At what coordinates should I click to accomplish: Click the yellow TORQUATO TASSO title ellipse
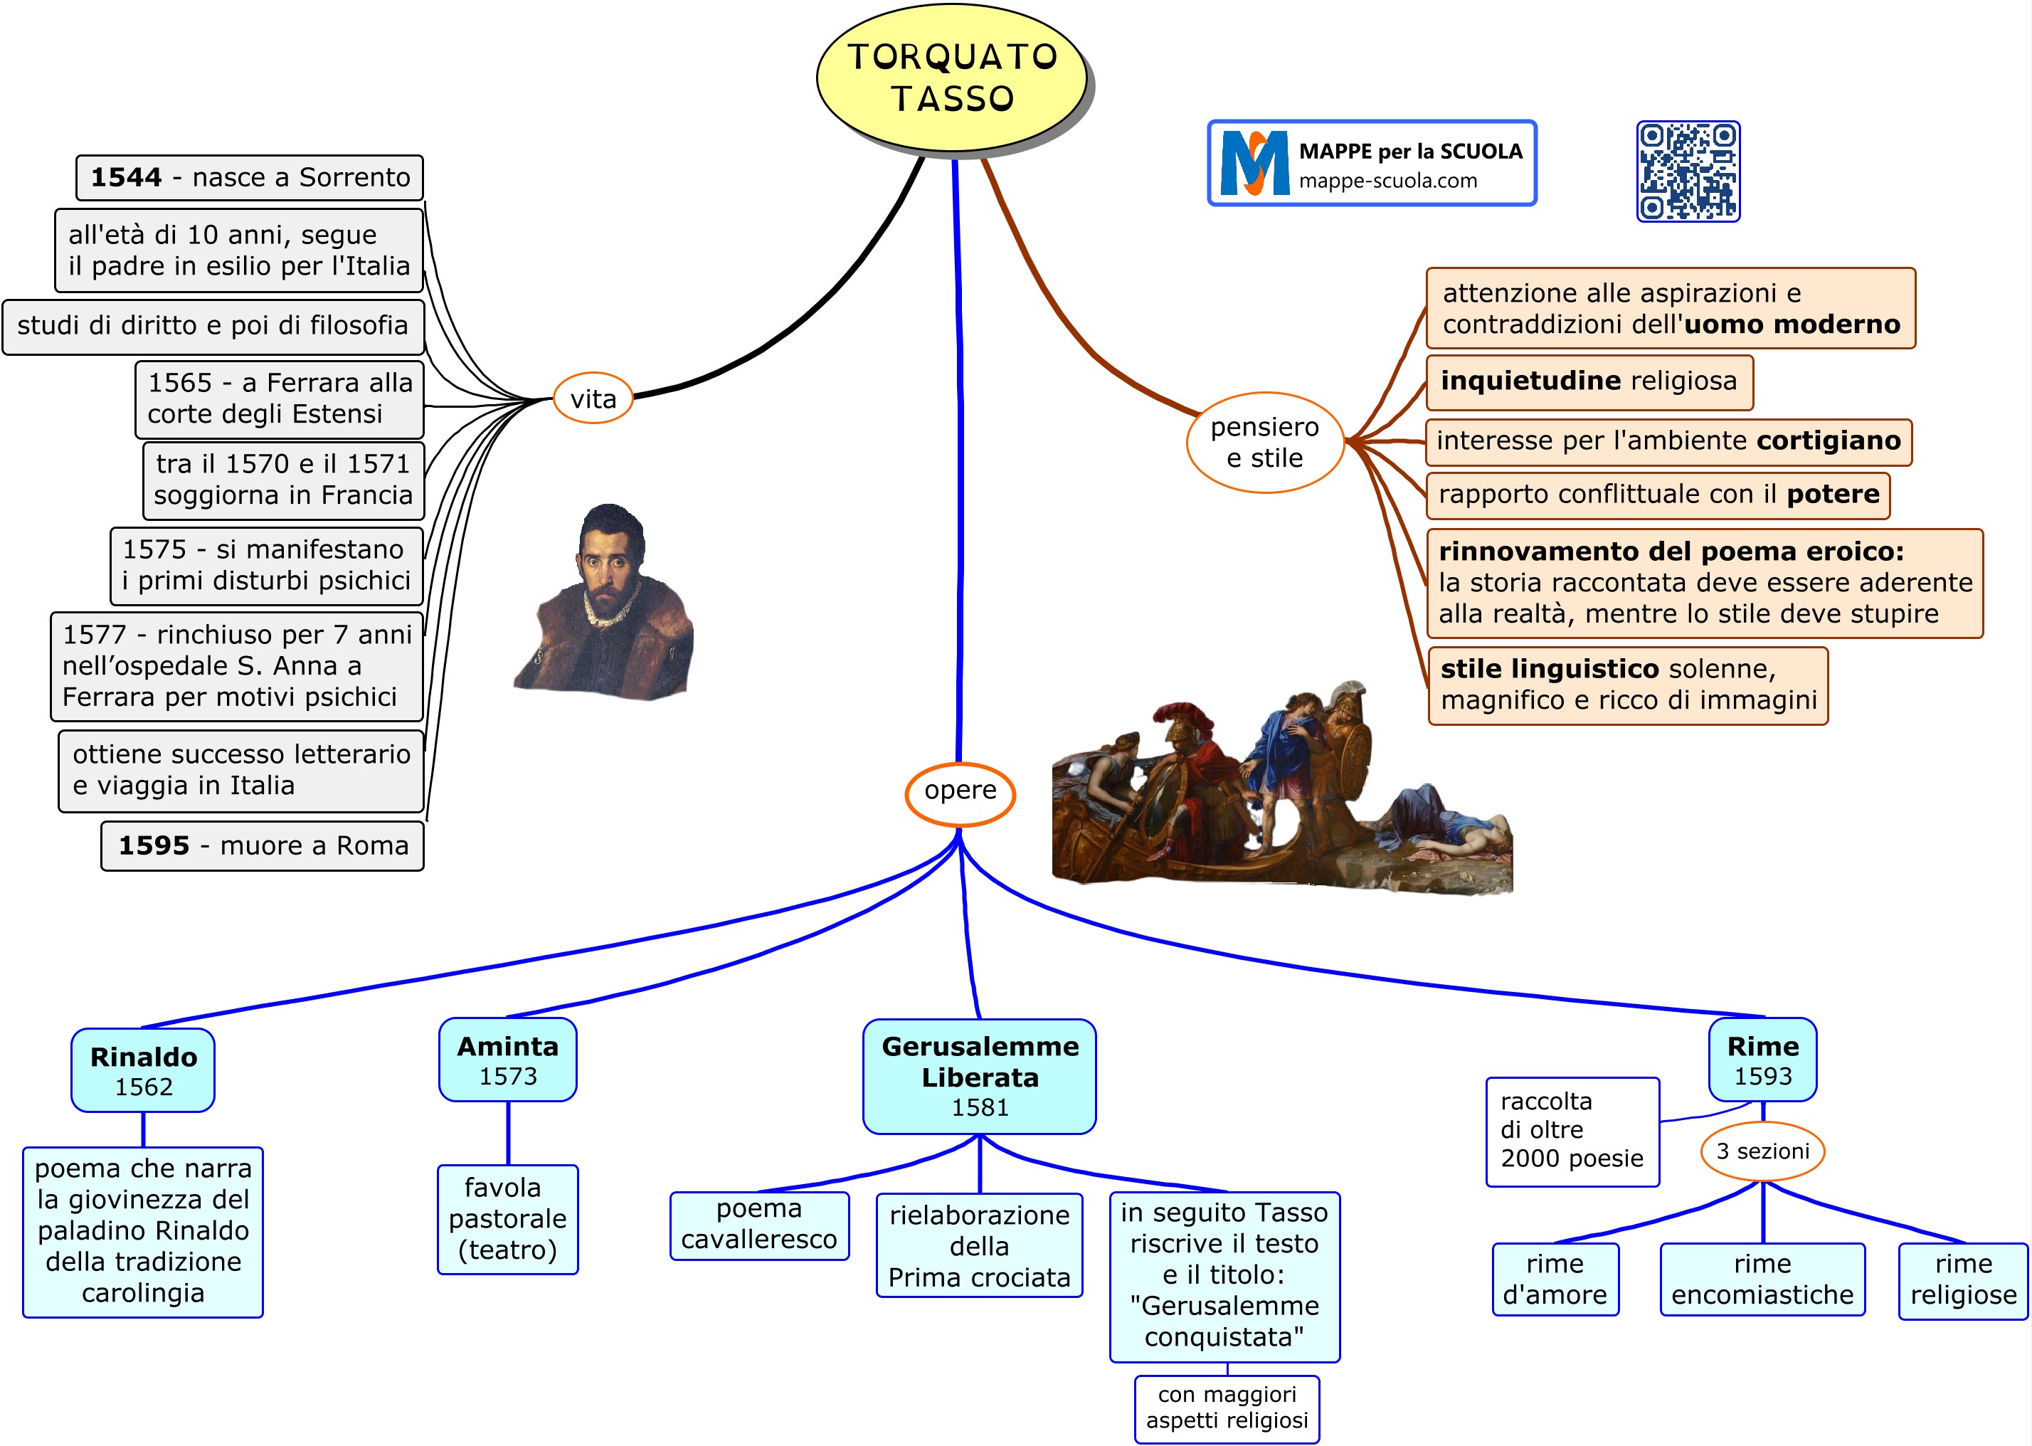point(951,78)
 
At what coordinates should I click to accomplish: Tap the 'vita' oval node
point(593,399)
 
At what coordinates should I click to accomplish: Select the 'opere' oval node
point(960,791)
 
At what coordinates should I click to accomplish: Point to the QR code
point(1688,171)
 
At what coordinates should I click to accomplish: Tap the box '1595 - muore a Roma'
point(263,846)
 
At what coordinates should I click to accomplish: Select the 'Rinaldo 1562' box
point(143,1070)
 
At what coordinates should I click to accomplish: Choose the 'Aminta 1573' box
point(507,1060)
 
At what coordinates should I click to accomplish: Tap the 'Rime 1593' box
point(1762,1060)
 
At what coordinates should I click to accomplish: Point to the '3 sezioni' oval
point(1762,1151)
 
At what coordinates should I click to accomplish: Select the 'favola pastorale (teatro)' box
point(507,1219)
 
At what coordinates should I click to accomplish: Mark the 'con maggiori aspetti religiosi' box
point(1227,1408)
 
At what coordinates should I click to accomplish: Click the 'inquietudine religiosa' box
point(1589,382)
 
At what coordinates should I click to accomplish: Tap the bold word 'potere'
point(1833,494)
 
